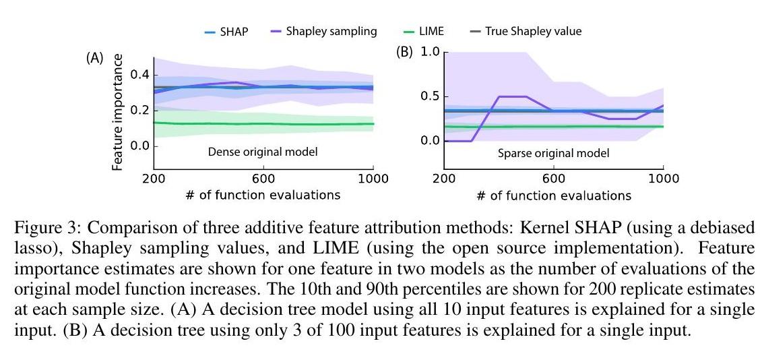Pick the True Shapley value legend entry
[x=532, y=32]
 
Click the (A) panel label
[x=94, y=59]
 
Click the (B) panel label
[x=405, y=53]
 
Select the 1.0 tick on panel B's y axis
[x=429, y=52]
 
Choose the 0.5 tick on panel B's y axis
[x=429, y=96]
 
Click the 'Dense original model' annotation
[x=262, y=152]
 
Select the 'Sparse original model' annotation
[x=553, y=154]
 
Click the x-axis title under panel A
[x=263, y=196]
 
